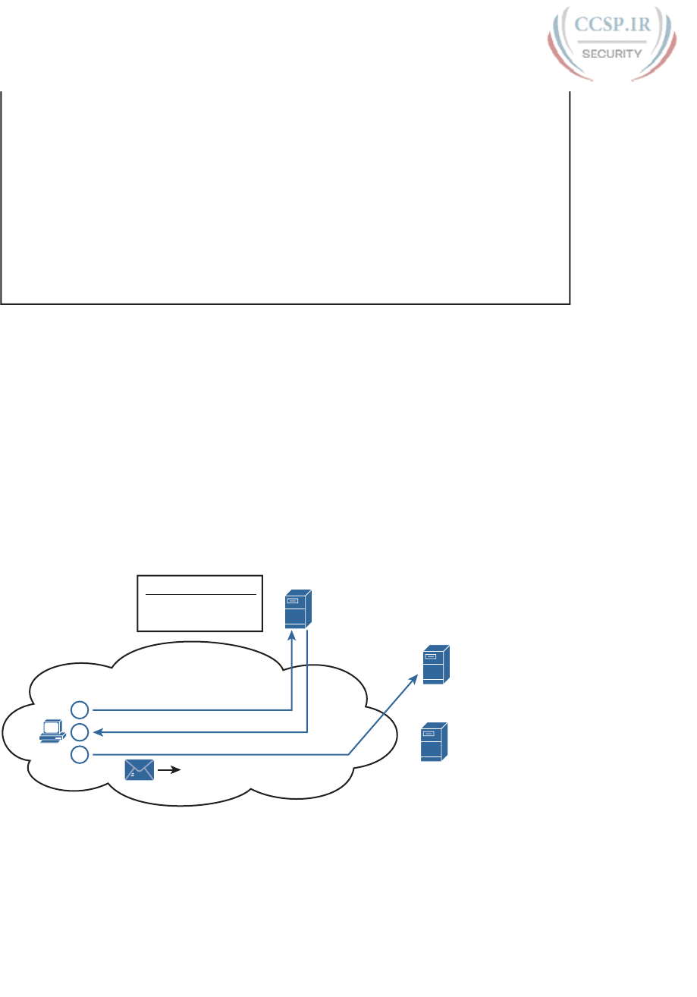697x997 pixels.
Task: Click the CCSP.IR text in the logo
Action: (611, 26)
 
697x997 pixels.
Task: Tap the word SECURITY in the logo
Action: (611, 53)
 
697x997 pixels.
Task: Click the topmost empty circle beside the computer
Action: (80, 710)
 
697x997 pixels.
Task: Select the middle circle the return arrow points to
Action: (80, 732)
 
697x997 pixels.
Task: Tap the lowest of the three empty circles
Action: (80, 755)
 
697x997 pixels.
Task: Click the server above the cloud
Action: (297, 609)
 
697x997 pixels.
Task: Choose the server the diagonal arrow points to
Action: (435, 664)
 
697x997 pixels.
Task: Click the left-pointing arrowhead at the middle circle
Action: (97, 732)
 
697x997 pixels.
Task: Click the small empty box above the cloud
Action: (199, 603)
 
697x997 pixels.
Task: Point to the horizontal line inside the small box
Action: (199, 595)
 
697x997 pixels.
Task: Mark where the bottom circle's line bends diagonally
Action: (348, 755)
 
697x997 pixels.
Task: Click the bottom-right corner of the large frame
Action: (569, 304)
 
